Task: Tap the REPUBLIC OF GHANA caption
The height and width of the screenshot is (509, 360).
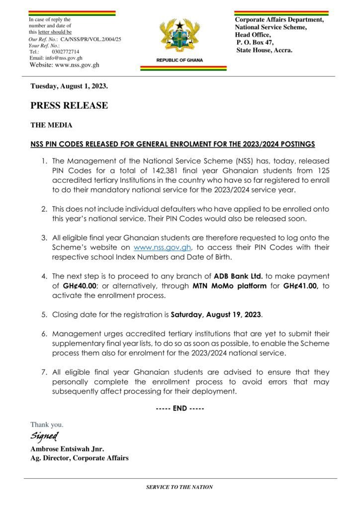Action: click(180, 60)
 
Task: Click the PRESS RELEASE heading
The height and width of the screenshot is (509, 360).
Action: click(69, 105)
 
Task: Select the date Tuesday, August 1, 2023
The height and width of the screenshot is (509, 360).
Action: click(69, 86)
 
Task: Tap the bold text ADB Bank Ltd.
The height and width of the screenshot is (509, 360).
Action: click(239, 275)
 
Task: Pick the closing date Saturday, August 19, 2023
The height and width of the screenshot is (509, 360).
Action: click(216, 315)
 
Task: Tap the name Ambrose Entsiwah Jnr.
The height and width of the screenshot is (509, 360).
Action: click(67, 449)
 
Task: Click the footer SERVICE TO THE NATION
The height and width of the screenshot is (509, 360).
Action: click(180, 487)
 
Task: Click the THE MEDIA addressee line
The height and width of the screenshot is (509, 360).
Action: click(51, 126)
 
